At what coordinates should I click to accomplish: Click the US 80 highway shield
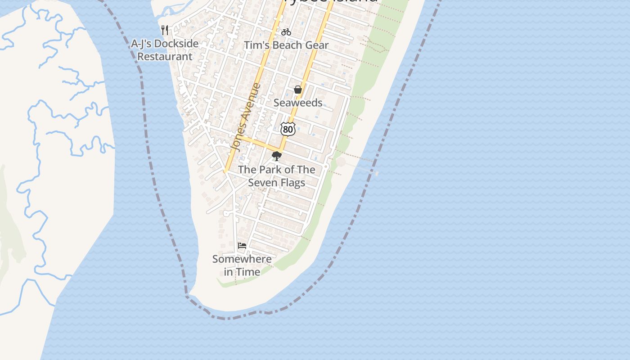pos(288,129)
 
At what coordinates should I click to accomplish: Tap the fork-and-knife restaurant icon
pos(165,30)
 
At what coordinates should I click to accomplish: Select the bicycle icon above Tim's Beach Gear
pos(286,32)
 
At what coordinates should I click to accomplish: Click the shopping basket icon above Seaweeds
pos(297,90)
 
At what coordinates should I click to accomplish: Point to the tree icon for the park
pos(277,156)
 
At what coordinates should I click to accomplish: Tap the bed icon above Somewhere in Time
pos(242,246)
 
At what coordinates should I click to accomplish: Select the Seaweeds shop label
pos(298,103)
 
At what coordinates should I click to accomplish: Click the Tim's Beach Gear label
pos(286,45)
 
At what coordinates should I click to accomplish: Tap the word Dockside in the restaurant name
pos(176,44)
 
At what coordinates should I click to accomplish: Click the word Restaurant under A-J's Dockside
pos(165,57)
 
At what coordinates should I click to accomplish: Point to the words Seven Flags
pos(276,183)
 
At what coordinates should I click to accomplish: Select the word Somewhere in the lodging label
pos(242,259)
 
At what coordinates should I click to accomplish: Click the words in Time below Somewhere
pos(242,272)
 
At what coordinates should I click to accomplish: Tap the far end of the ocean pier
pos(376,173)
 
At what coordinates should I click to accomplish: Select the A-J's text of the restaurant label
pos(142,44)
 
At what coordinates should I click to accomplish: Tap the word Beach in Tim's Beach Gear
pos(288,45)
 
